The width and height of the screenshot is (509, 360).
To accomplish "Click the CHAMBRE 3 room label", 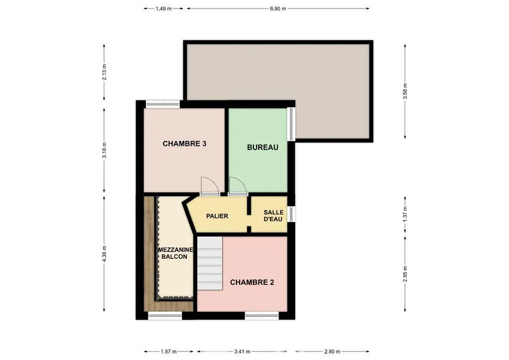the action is coord(185,144).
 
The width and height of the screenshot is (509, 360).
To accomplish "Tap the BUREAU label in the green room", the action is coord(262,147).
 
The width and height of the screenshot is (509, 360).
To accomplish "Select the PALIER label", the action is coord(217,216).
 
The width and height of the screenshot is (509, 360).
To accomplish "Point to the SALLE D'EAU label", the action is coord(274,216).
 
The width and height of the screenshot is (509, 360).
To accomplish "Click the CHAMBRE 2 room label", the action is coord(252,283).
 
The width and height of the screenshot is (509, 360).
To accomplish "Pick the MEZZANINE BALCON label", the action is coord(175,253).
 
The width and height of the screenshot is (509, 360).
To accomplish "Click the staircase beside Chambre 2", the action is coord(210,264).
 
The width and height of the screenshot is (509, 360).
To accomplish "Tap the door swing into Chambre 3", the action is coord(209,186).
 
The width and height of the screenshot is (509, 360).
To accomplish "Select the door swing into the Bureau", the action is coord(238,186).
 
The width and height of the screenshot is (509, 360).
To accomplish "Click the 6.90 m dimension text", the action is coord(278,9).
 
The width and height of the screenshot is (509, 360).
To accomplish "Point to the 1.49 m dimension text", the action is coord(164,9).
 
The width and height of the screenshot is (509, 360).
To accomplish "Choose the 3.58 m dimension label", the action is coord(405,92).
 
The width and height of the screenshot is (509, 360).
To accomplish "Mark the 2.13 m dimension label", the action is coord(104,72).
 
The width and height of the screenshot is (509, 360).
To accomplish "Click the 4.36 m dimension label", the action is coord(104,253).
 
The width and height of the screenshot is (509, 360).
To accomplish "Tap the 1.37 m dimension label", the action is coord(405,215).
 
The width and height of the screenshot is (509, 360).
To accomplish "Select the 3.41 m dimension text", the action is coord(242,351).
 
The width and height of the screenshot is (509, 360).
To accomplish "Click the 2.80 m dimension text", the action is coord(332,351).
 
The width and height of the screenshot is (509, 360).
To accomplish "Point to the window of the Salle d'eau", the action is coord(292,214).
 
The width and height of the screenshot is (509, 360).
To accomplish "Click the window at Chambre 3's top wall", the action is coord(163,104).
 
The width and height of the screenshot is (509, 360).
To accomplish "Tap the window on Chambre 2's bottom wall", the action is coord(262,314).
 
